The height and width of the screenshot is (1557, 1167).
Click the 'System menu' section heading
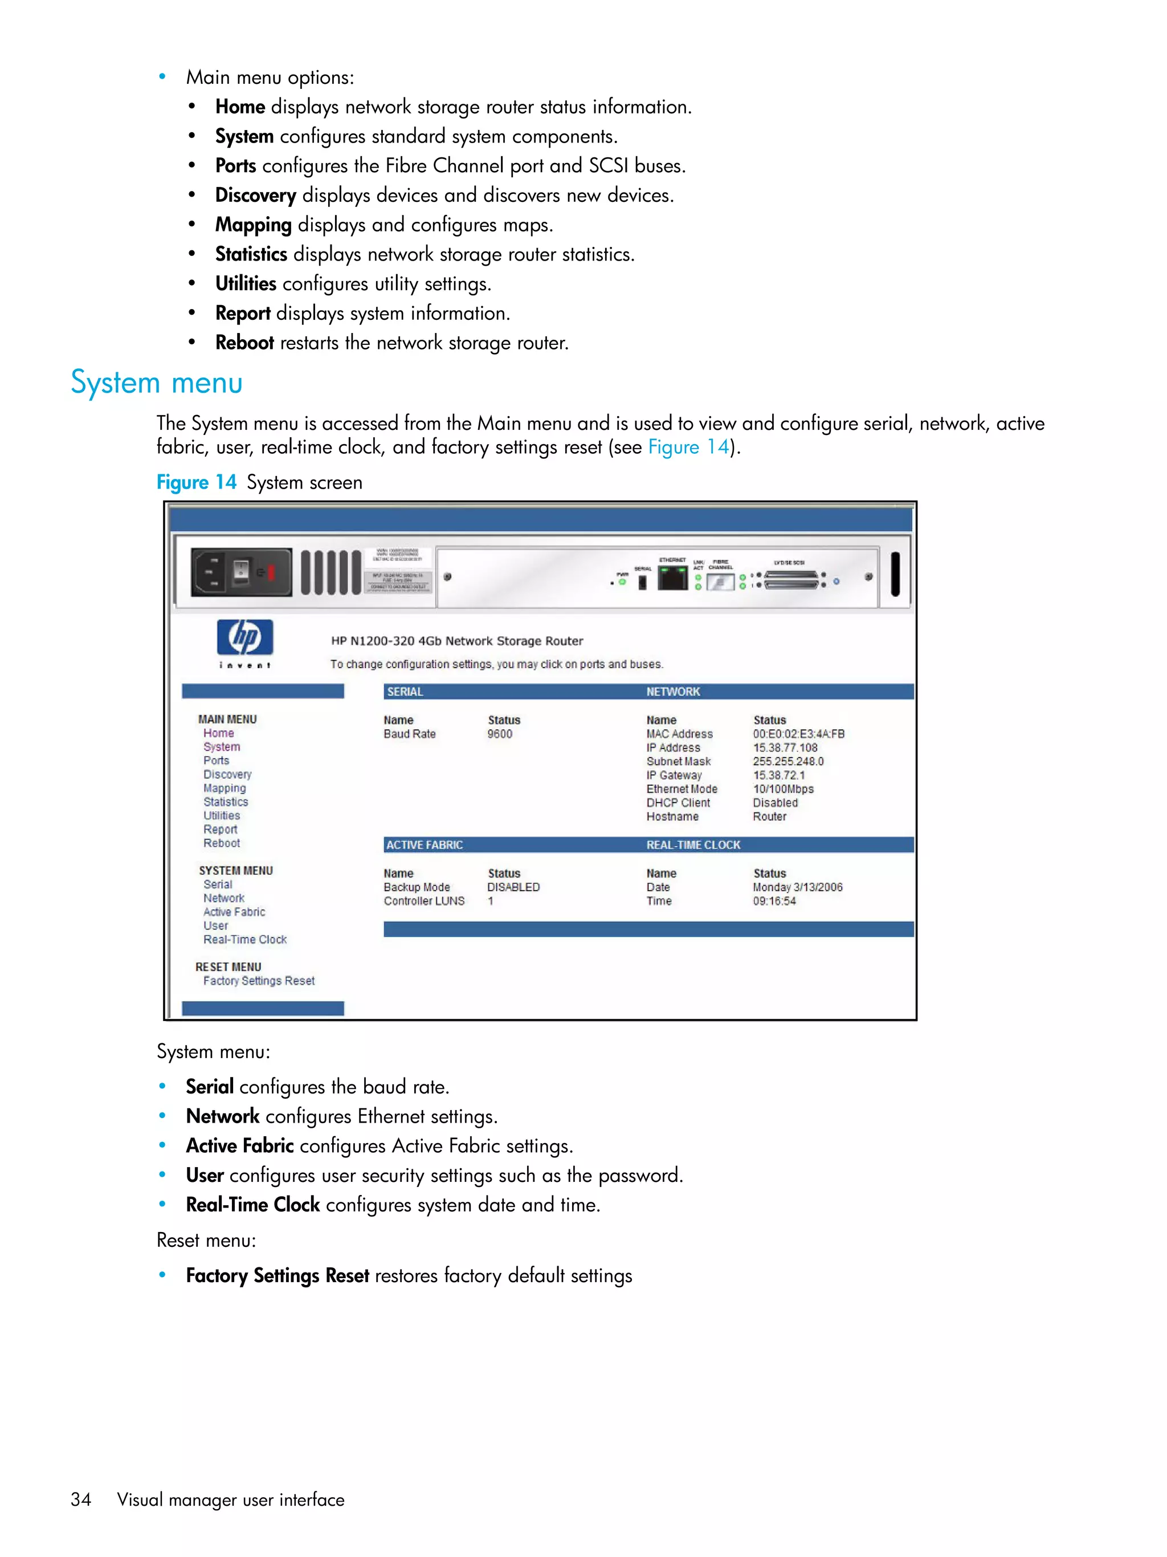156,383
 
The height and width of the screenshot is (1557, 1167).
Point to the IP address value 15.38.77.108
785,747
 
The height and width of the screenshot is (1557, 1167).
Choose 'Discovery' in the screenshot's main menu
227,774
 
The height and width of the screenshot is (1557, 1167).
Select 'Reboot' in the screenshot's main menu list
222,843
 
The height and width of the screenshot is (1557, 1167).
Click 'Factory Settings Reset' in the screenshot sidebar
259,981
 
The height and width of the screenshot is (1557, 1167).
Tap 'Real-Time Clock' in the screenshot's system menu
245,940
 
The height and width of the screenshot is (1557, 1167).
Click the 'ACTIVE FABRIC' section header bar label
424,845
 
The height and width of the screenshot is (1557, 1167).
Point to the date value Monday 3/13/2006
798,887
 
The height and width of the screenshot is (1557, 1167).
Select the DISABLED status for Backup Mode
513,887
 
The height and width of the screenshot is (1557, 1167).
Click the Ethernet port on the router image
672,577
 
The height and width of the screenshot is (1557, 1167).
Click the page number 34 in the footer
81,1499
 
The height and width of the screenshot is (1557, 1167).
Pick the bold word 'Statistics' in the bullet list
251,254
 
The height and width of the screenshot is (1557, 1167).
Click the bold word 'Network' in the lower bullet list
222,1116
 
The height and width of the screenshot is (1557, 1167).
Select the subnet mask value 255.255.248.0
788,761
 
